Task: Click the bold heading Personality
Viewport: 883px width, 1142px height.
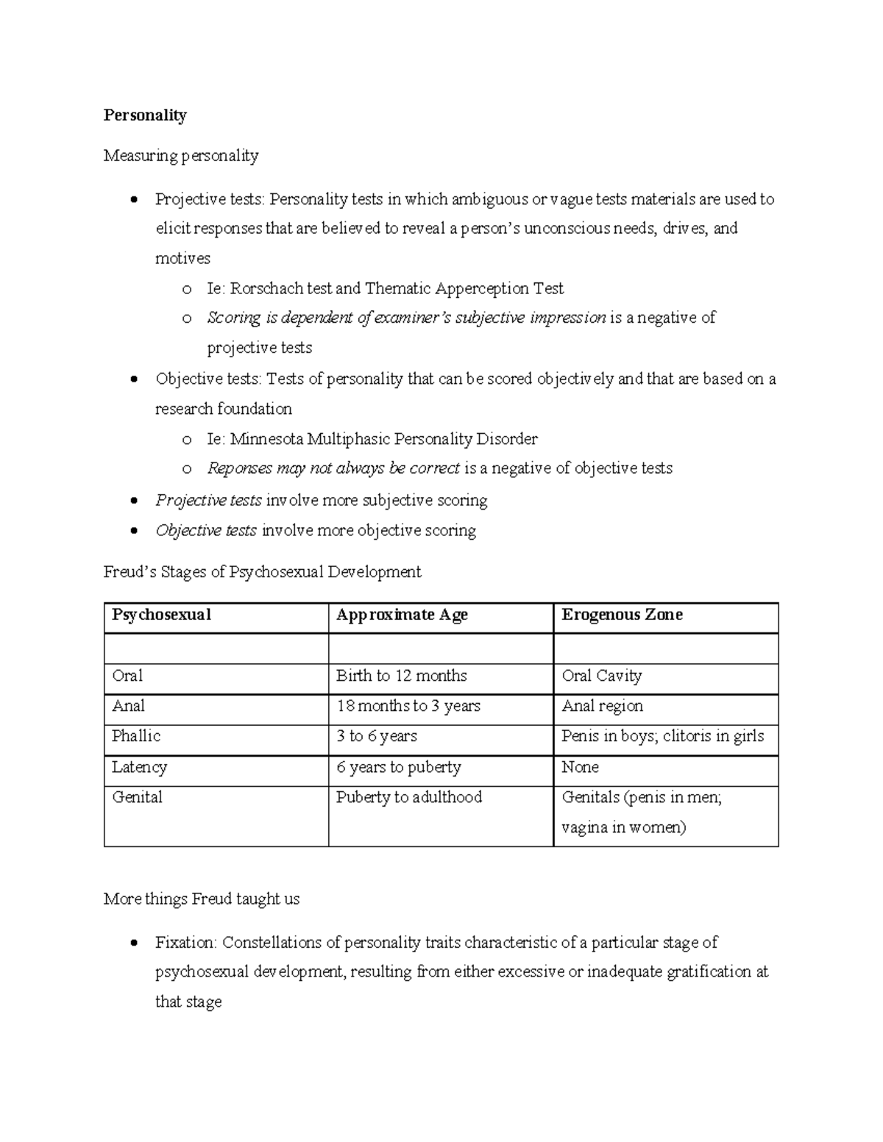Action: [145, 115]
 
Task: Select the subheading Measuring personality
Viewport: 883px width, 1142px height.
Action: [181, 156]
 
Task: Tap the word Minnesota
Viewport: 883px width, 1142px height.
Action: [266, 439]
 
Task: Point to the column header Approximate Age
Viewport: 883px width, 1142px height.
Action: [402, 615]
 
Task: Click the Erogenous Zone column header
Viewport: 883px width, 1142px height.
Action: [622, 615]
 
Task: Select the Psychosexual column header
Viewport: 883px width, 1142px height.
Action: [161, 615]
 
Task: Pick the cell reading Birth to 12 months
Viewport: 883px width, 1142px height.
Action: [401, 676]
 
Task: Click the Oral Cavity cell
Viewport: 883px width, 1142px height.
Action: [601, 676]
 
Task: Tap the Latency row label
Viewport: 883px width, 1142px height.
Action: [139, 767]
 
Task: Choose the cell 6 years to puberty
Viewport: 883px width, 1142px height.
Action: [398, 767]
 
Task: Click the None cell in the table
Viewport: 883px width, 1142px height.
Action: [580, 767]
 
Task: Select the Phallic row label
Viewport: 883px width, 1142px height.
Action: [136, 736]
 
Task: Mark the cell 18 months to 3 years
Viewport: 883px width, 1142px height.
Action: [408, 706]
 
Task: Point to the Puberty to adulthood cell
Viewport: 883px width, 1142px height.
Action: [408, 797]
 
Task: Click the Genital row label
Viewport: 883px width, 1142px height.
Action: [137, 797]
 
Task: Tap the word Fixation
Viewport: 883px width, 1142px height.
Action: [186, 943]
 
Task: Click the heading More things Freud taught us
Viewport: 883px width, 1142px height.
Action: [202, 899]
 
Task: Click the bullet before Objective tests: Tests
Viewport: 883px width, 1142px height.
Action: [133, 380]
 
